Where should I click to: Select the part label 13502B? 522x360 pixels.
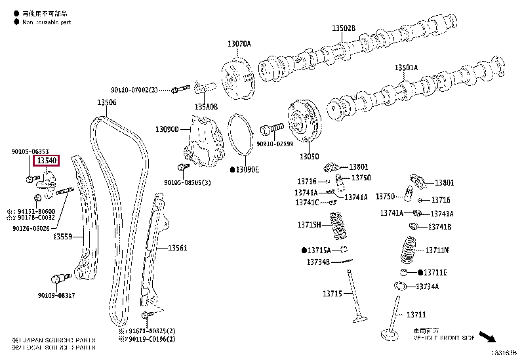[x=343, y=28]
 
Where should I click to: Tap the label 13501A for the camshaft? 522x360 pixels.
[x=406, y=68]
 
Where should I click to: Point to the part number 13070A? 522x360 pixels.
[x=239, y=43]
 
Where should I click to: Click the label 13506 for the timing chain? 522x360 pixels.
[x=107, y=102]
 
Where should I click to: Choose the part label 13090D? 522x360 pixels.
[x=167, y=129]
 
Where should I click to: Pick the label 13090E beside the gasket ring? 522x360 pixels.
[x=247, y=169]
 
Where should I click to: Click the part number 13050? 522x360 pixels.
[x=310, y=157]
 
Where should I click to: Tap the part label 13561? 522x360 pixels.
[x=177, y=248]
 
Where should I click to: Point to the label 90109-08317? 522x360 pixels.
[x=56, y=296]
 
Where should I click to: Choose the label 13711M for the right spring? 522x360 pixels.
[x=437, y=250]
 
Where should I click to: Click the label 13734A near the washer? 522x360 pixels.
[x=428, y=287]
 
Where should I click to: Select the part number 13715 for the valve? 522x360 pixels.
[x=332, y=293]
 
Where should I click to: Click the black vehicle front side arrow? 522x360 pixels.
[x=487, y=337]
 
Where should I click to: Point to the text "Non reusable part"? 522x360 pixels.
[x=46, y=22]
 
